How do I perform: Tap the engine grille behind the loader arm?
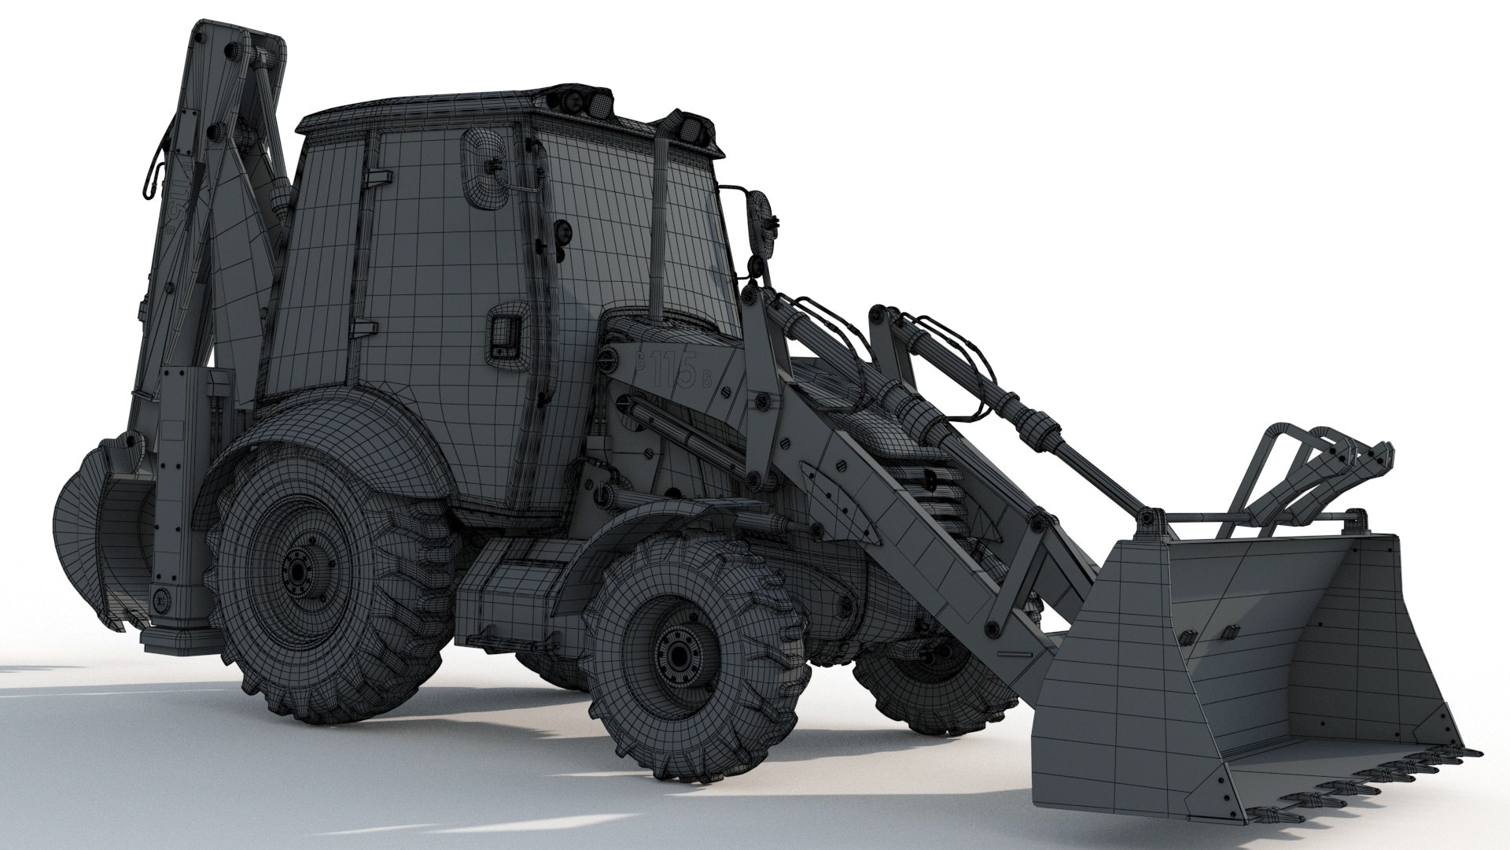click(936, 488)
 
